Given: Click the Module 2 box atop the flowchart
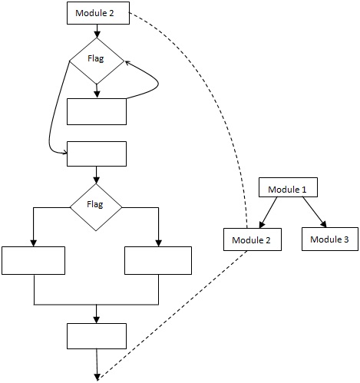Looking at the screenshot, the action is click(x=98, y=13).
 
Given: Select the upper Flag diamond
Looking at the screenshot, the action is click(x=97, y=61).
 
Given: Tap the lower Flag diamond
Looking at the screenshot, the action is click(x=96, y=207).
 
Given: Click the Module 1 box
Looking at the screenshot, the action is click(x=288, y=187).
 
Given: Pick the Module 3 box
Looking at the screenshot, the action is click(x=330, y=239).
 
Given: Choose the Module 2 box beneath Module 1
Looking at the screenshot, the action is click(x=253, y=239).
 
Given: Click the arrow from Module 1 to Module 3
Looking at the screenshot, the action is click(x=315, y=212).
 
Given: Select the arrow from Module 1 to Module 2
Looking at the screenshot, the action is click(x=268, y=213).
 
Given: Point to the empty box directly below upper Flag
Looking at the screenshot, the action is click(x=97, y=111).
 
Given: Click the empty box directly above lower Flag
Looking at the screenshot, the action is click(x=97, y=154).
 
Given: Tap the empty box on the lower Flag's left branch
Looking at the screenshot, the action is click(x=34, y=260).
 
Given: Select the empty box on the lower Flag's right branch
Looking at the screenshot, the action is click(x=158, y=260).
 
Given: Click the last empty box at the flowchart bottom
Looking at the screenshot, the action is click(x=97, y=336).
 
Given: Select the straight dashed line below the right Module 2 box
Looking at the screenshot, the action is click(x=172, y=315).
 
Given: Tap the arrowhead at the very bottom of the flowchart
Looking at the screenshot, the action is click(x=97, y=377).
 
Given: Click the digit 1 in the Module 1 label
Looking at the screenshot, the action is click(x=304, y=190).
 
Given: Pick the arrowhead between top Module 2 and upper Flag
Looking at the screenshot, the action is click(x=97, y=35).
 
